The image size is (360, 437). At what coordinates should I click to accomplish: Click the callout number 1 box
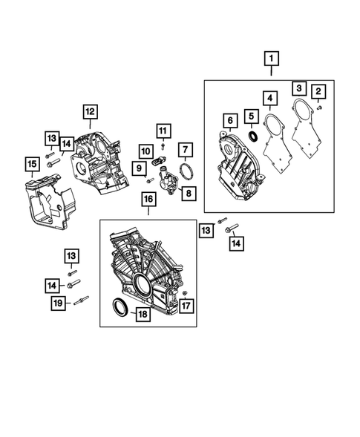271,58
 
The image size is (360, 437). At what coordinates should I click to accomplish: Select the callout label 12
90,112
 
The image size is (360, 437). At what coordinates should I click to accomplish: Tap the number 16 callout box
148,200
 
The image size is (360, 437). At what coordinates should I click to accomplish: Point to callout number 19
57,302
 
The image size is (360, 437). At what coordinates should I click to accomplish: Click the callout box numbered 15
32,163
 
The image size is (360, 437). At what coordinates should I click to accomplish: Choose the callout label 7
185,151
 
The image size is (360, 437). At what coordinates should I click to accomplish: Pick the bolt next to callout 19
80,301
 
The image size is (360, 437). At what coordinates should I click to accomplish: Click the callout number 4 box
269,98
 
